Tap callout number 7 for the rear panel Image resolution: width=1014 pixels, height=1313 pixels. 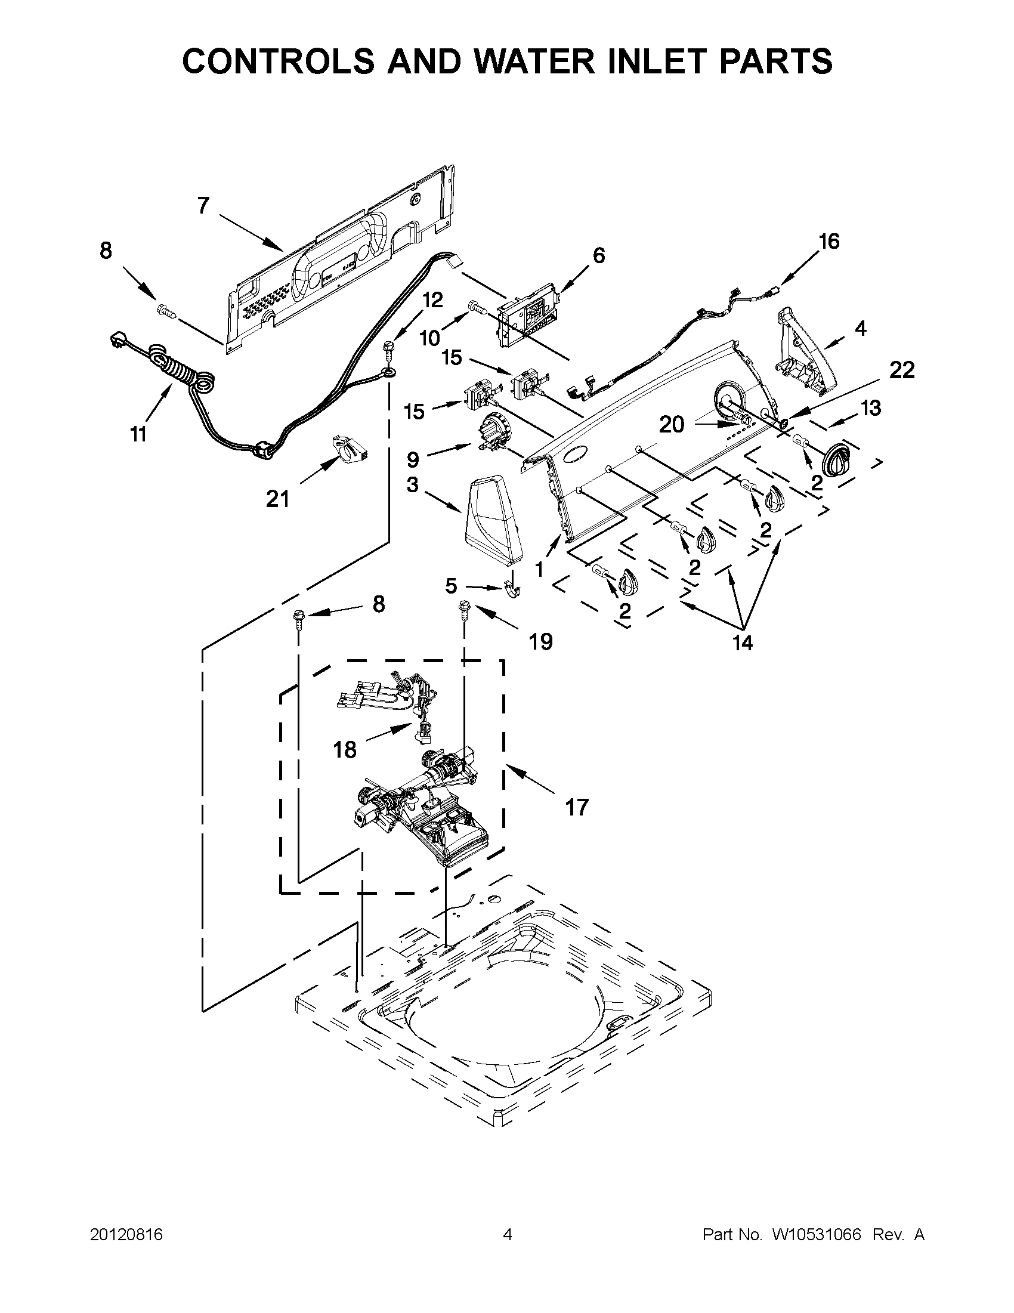(x=203, y=206)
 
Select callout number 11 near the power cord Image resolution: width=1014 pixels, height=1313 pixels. (x=138, y=434)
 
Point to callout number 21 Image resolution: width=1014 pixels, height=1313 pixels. (x=278, y=498)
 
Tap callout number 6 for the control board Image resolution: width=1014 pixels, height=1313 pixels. (x=599, y=255)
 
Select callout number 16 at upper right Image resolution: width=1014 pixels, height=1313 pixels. (x=829, y=242)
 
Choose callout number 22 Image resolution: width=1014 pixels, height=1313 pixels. (x=902, y=370)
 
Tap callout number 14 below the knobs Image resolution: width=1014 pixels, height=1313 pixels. (x=743, y=643)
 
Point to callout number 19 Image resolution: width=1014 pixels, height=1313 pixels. (x=540, y=642)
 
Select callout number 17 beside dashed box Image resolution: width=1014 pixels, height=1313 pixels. (x=576, y=807)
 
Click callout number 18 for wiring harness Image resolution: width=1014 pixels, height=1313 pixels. (x=345, y=750)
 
